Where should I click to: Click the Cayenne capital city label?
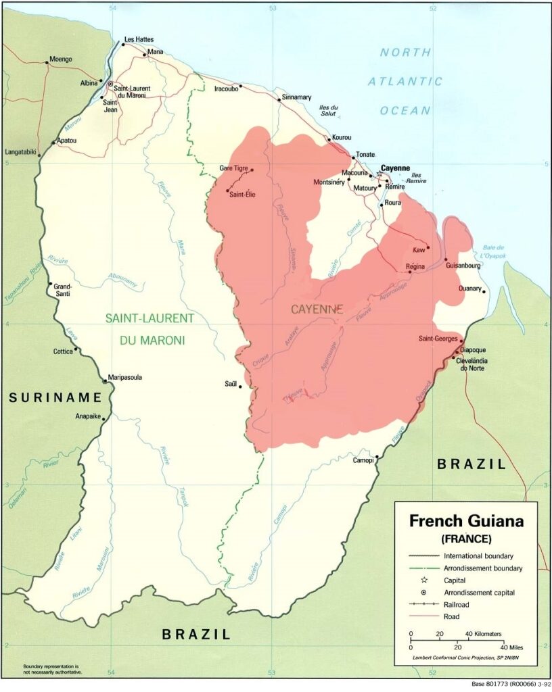point(396,168)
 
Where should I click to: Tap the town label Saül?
point(231,384)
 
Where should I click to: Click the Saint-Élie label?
point(242,195)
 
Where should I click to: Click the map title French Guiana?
point(466,522)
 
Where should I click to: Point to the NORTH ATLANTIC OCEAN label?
point(405,81)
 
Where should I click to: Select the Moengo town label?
point(59,59)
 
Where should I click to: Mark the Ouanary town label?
point(469,289)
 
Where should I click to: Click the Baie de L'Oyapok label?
point(497,252)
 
